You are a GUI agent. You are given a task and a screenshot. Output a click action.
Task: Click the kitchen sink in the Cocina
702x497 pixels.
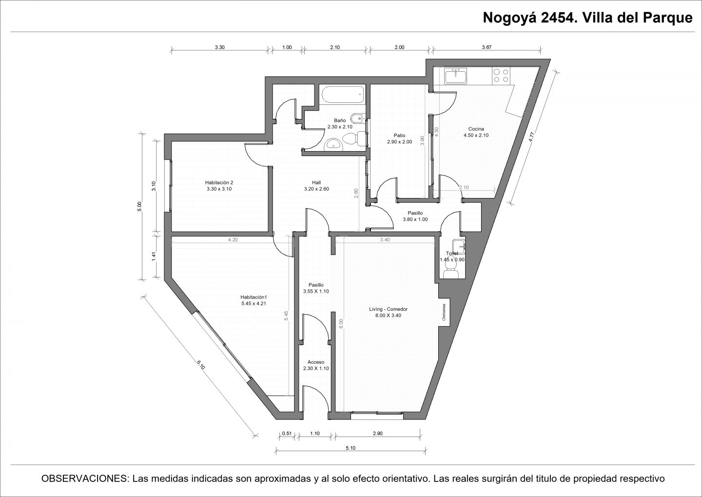(456, 76)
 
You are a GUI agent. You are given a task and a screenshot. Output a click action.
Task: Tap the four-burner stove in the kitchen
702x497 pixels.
(501, 76)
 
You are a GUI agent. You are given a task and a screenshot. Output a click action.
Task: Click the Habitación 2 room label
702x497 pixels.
(219, 182)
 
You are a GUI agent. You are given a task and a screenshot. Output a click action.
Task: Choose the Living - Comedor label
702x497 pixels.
(388, 309)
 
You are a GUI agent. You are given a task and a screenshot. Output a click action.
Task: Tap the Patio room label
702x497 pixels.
(400, 136)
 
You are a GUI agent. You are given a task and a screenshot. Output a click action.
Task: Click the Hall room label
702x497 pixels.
(316, 182)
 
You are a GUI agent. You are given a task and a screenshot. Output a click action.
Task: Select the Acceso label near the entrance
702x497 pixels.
(316, 362)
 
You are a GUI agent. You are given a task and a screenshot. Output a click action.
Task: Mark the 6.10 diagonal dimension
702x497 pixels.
(200, 365)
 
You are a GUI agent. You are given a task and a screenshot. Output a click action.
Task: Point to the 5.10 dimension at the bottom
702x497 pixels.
(351, 448)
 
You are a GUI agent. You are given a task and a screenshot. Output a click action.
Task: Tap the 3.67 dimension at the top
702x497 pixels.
(487, 47)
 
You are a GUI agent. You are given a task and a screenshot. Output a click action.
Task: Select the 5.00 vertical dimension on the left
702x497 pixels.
(140, 206)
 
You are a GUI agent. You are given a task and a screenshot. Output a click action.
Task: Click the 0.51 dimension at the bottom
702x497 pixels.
(287, 434)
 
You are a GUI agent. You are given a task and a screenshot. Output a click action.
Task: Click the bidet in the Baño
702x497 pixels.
(358, 119)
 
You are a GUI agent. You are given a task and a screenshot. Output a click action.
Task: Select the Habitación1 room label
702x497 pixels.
(253, 297)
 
